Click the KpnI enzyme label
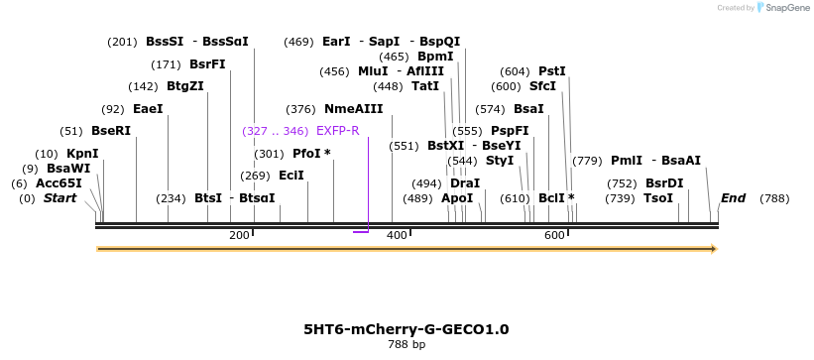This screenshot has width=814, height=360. click(82, 154)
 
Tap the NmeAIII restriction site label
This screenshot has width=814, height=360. click(353, 109)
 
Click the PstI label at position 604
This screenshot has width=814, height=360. click(551, 71)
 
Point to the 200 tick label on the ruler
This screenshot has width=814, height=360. click(239, 235)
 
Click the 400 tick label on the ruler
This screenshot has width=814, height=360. click(397, 235)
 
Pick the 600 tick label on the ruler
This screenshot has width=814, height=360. click(554, 235)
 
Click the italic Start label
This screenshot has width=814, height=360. click(59, 198)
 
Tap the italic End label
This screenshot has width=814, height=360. click(733, 198)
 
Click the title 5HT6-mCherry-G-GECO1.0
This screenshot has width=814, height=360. click(407, 329)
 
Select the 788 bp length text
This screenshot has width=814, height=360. click(407, 345)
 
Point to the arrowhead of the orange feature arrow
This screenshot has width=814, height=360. click(711, 248)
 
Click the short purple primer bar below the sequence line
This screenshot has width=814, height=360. click(361, 232)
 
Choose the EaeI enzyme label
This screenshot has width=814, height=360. click(148, 109)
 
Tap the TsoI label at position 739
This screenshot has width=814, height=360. click(658, 198)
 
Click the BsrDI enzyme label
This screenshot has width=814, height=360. click(664, 183)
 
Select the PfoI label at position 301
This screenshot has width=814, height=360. click(311, 154)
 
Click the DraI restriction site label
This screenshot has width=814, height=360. click(465, 183)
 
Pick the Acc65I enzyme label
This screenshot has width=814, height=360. click(58, 183)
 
